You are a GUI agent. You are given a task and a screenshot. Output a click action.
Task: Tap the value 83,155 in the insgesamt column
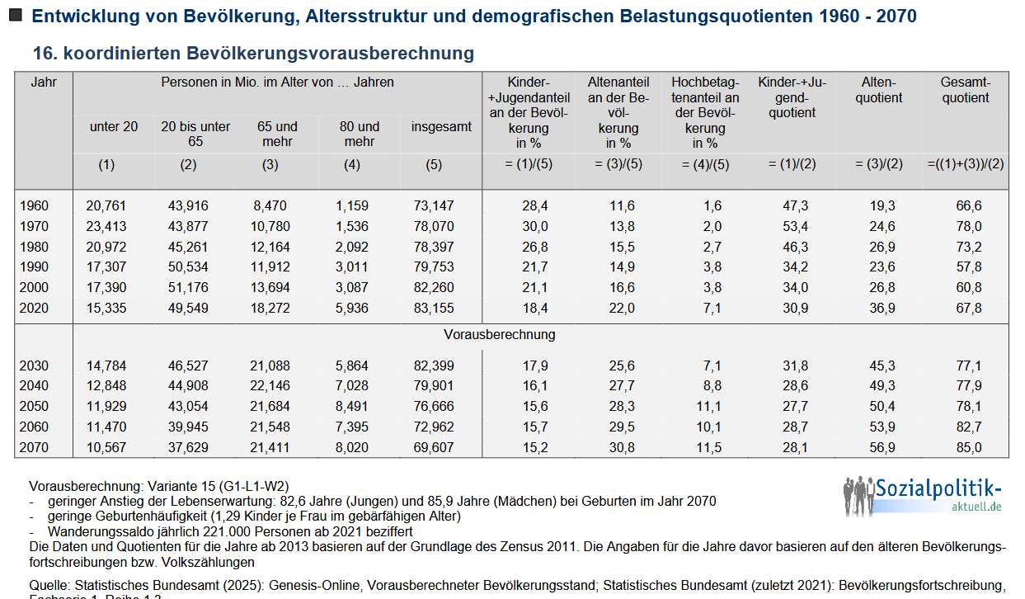[433, 308]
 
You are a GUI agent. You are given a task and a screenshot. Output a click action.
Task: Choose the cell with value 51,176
[188, 287]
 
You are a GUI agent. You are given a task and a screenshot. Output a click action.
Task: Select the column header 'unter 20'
[114, 126]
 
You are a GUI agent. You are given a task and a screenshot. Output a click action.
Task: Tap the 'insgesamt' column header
[441, 126]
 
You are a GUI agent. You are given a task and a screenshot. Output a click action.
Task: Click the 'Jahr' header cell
[43, 82]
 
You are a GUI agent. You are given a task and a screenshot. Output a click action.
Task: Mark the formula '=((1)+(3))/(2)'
[966, 164]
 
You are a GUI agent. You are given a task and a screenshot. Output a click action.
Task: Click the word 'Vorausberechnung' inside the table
[500, 335]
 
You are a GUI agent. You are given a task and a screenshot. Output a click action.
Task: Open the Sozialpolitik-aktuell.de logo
[924, 495]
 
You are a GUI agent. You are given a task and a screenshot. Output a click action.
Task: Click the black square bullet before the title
[15, 15]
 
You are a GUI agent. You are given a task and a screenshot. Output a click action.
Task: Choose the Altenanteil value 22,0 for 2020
[619, 308]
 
